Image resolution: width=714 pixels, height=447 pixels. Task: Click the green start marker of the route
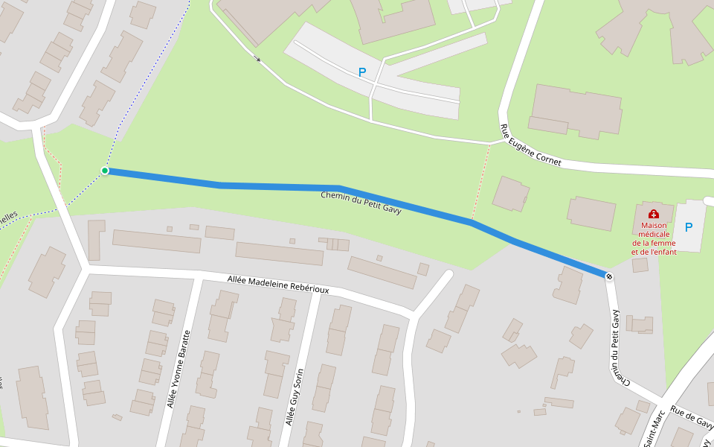tap(105, 171)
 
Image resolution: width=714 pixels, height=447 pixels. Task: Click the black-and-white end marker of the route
tap(609, 277)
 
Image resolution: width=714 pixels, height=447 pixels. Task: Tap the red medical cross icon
tap(654, 214)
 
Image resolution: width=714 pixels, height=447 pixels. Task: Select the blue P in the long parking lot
tap(362, 72)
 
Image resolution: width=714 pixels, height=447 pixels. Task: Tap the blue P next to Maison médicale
tap(688, 227)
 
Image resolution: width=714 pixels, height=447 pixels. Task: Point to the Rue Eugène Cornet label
tap(530, 146)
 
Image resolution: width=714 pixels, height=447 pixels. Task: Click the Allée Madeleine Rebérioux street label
tap(277, 283)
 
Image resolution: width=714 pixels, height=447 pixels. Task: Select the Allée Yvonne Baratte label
tap(178, 369)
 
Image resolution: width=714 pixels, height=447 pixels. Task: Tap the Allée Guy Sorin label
tap(295, 397)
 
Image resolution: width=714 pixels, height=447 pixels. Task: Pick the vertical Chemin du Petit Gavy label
tap(617, 346)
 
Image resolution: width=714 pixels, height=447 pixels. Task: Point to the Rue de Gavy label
tap(691, 418)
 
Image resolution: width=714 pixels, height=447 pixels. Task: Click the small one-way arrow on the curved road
tap(257, 58)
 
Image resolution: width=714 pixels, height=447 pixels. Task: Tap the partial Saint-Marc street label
tap(654, 428)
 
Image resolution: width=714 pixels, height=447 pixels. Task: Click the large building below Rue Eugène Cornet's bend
tap(576, 111)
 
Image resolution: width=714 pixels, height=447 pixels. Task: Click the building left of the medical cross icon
tap(591, 213)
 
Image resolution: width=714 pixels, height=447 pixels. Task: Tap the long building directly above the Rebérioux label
tap(279, 253)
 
